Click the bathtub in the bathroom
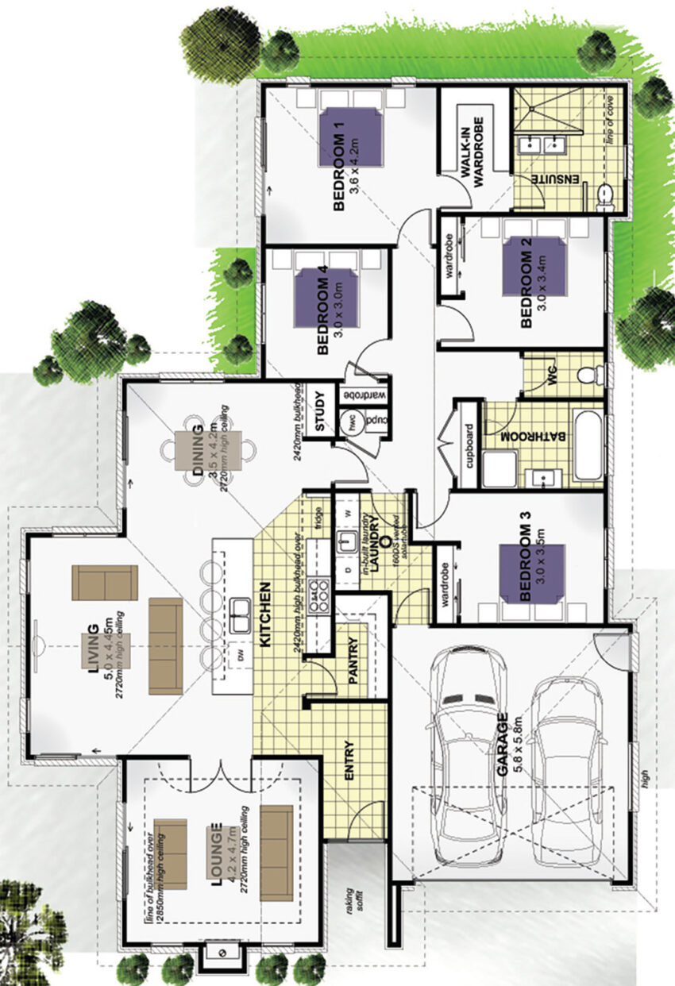pyautogui.click(x=588, y=445)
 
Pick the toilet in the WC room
pyautogui.click(x=585, y=374)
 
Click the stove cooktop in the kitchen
pyautogui.click(x=320, y=597)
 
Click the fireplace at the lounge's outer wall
pyautogui.click(x=222, y=956)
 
